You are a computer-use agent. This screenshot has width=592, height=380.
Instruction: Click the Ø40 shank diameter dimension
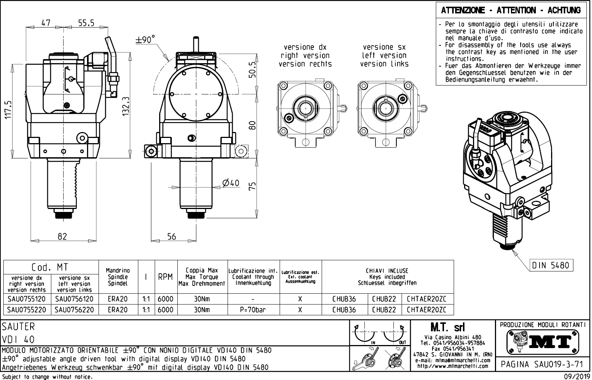231,183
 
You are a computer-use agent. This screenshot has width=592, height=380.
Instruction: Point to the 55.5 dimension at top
86,23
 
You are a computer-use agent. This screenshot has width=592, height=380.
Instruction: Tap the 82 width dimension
62,236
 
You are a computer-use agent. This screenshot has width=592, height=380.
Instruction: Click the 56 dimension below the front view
171,236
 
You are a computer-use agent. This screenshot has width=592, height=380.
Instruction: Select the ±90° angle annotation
145,40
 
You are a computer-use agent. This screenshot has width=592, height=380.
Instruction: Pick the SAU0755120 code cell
26,299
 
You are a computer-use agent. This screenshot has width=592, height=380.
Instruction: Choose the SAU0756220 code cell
74,309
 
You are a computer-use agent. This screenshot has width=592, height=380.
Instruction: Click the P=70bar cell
252,309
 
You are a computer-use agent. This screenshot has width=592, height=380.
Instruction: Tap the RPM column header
165,277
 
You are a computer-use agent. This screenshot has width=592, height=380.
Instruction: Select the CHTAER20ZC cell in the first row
427,299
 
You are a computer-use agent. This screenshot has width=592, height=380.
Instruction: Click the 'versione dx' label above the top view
305,47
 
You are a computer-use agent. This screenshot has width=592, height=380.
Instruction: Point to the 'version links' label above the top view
384,64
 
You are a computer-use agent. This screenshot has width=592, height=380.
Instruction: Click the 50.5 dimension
253,70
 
